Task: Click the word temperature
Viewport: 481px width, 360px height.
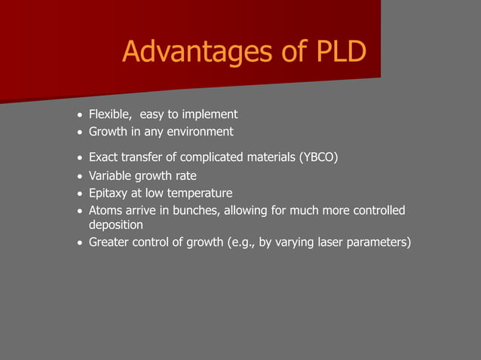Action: [198, 194]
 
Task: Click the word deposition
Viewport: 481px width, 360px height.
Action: [116, 224]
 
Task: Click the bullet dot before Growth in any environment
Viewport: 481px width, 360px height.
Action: [80, 133]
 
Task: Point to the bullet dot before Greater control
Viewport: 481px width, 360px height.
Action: [80, 243]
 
